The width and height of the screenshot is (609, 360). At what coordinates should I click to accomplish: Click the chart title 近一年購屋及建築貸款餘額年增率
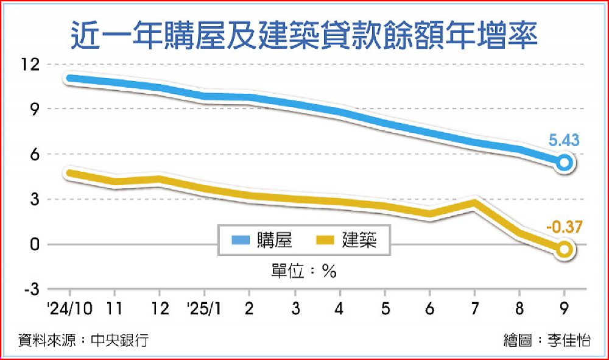pos(304,35)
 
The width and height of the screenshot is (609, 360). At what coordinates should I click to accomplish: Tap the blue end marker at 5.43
pos(565,162)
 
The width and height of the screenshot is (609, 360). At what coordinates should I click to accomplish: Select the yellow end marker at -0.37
pos(565,249)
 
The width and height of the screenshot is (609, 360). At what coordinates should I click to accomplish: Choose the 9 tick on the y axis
pos(34,109)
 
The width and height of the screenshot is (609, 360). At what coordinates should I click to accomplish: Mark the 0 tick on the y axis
pos(34,244)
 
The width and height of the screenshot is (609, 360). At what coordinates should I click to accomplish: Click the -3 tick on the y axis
pos(30,289)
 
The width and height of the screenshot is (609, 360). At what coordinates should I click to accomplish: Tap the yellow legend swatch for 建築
pos(325,241)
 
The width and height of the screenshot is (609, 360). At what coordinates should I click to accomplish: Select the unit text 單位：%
pos(304,272)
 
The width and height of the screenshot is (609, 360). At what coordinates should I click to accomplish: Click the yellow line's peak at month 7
pos(474,203)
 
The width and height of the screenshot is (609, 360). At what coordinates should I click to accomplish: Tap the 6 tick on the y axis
pos(34,154)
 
